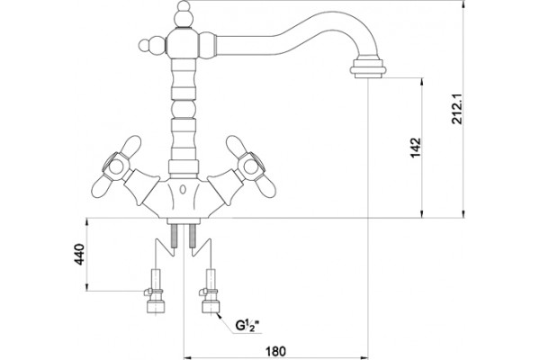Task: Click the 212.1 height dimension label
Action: click(x=457, y=109)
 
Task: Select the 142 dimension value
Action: click(x=416, y=148)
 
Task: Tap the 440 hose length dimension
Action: click(x=79, y=254)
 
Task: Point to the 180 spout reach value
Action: click(x=275, y=351)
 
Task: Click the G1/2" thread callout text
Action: click(x=247, y=325)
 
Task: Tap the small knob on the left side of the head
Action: click(x=152, y=46)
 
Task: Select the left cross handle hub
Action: click(x=116, y=167)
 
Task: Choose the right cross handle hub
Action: click(x=251, y=167)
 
